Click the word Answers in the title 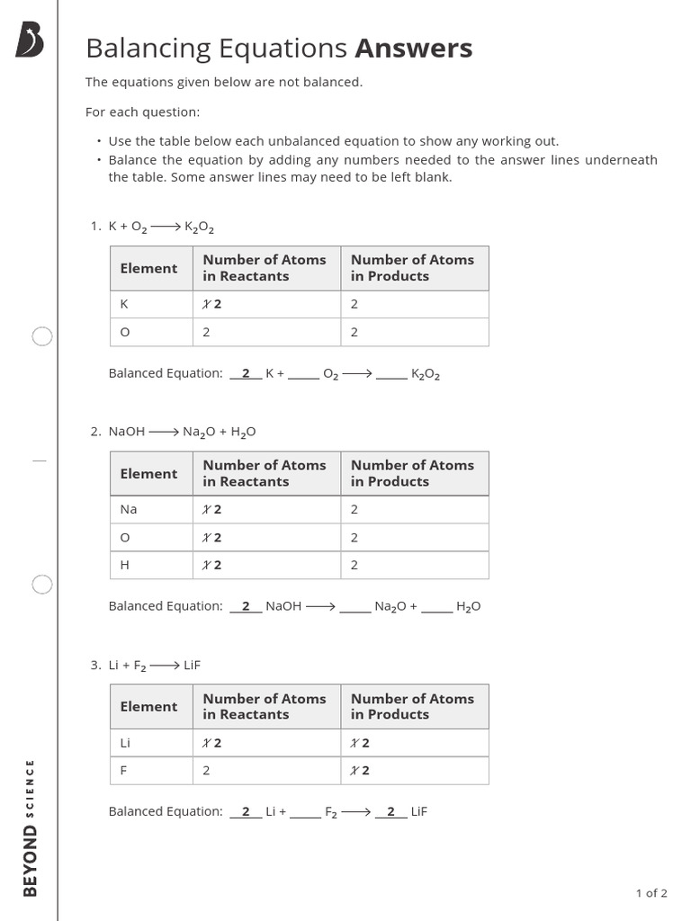[x=413, y=49]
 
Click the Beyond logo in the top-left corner [x=30, y=40]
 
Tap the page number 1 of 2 [x=651, y=893]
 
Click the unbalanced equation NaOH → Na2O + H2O [x=182, y=432]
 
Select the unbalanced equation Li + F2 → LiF [x=154, y=666]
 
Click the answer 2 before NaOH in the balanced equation [x=246, y=606]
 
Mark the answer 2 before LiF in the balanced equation [x=390, y=811]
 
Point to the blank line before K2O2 [x=391, y=376]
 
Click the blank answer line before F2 [x=305, y=815]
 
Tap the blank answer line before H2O [x=437, y=610]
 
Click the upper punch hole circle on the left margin [x=42, y=336]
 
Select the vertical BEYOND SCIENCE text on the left [x=31, y=827]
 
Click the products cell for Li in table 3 [x=414, y=743]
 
